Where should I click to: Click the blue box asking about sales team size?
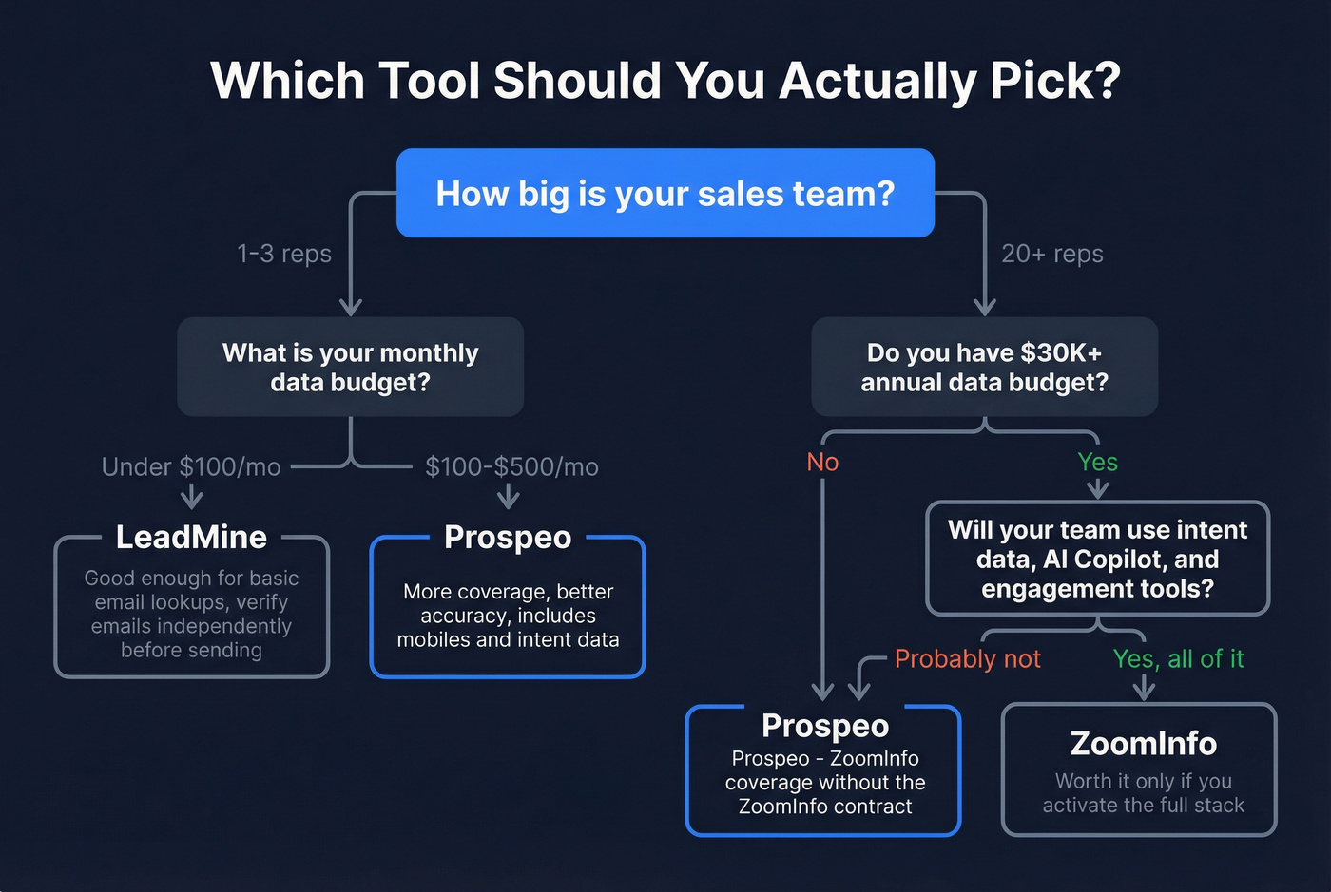[665, 193]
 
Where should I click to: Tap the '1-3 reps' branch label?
[284, 254]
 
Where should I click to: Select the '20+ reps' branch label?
[1052, 254]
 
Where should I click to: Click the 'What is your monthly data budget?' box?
[350, 367]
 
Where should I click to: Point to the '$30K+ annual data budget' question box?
[984, 367]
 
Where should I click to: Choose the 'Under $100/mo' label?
[191, 466]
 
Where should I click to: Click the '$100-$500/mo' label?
[511, 466]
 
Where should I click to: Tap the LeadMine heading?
[191, 537]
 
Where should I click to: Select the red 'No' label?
[822, 462]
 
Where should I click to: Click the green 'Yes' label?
[1097, 462]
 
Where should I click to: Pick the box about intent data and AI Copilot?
[1097, 559]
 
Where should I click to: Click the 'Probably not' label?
[968, 658]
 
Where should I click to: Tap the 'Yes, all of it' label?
[1178, 658]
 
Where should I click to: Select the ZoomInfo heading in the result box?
[1143, 743]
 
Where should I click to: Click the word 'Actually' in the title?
[877, 80]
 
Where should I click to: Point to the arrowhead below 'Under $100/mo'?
[192, 497]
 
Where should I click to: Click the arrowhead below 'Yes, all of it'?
[1144, 690]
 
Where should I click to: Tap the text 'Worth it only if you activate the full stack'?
[1143, 793]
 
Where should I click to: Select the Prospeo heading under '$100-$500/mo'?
[508, 537]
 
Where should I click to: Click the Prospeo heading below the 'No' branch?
[825, 725]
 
